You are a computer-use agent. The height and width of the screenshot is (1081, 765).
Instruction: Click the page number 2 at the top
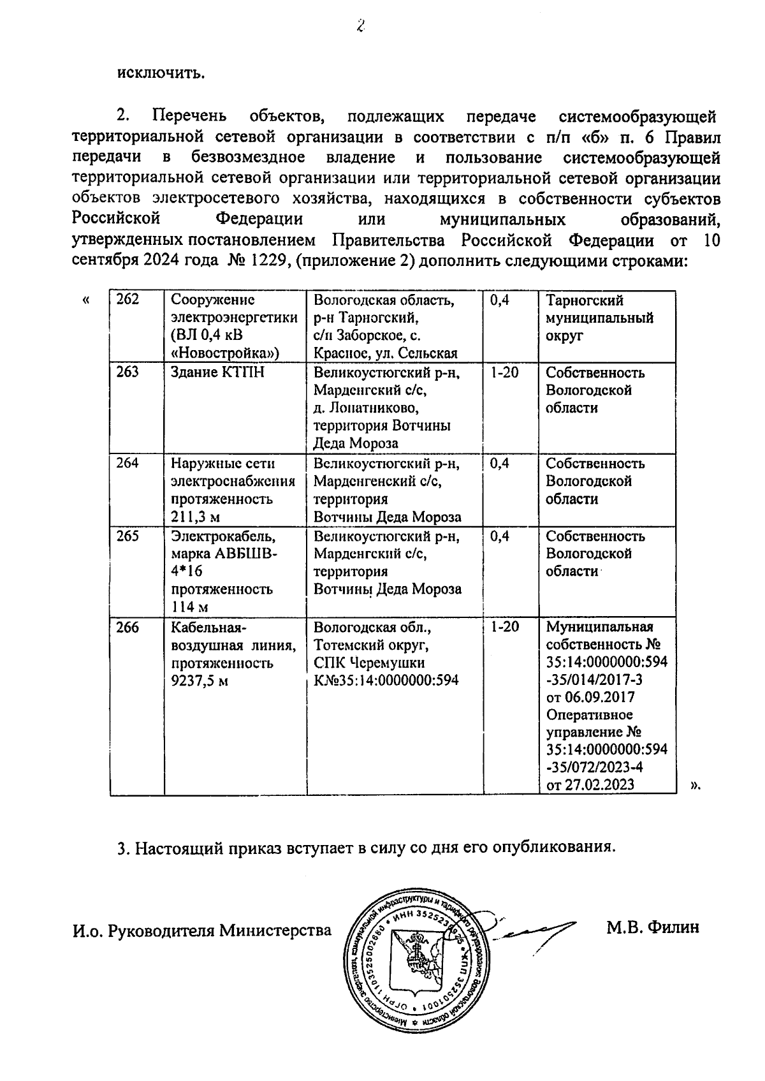click(x=361, y=26)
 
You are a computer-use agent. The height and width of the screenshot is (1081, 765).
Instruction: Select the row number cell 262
click(x=128, y=300)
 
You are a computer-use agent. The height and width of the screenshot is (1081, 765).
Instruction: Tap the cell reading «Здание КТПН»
click(x=208, y=372)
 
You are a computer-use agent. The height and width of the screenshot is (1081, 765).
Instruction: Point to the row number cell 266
click(x=128, y=628)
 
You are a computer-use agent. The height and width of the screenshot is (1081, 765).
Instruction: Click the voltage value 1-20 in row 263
click(x=504, y=372)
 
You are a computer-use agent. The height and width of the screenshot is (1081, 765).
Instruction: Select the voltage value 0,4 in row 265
click(x=500, y=536)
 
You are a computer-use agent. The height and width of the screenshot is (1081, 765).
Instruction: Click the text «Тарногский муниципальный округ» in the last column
click(x=599, y=318)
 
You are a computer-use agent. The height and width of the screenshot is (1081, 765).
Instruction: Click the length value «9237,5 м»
click(x=200, y=681)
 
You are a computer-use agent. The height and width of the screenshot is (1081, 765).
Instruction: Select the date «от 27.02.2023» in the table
click(x=590, y=784)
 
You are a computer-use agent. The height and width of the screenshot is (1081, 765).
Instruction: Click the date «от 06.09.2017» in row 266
click(x=590, y=697)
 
